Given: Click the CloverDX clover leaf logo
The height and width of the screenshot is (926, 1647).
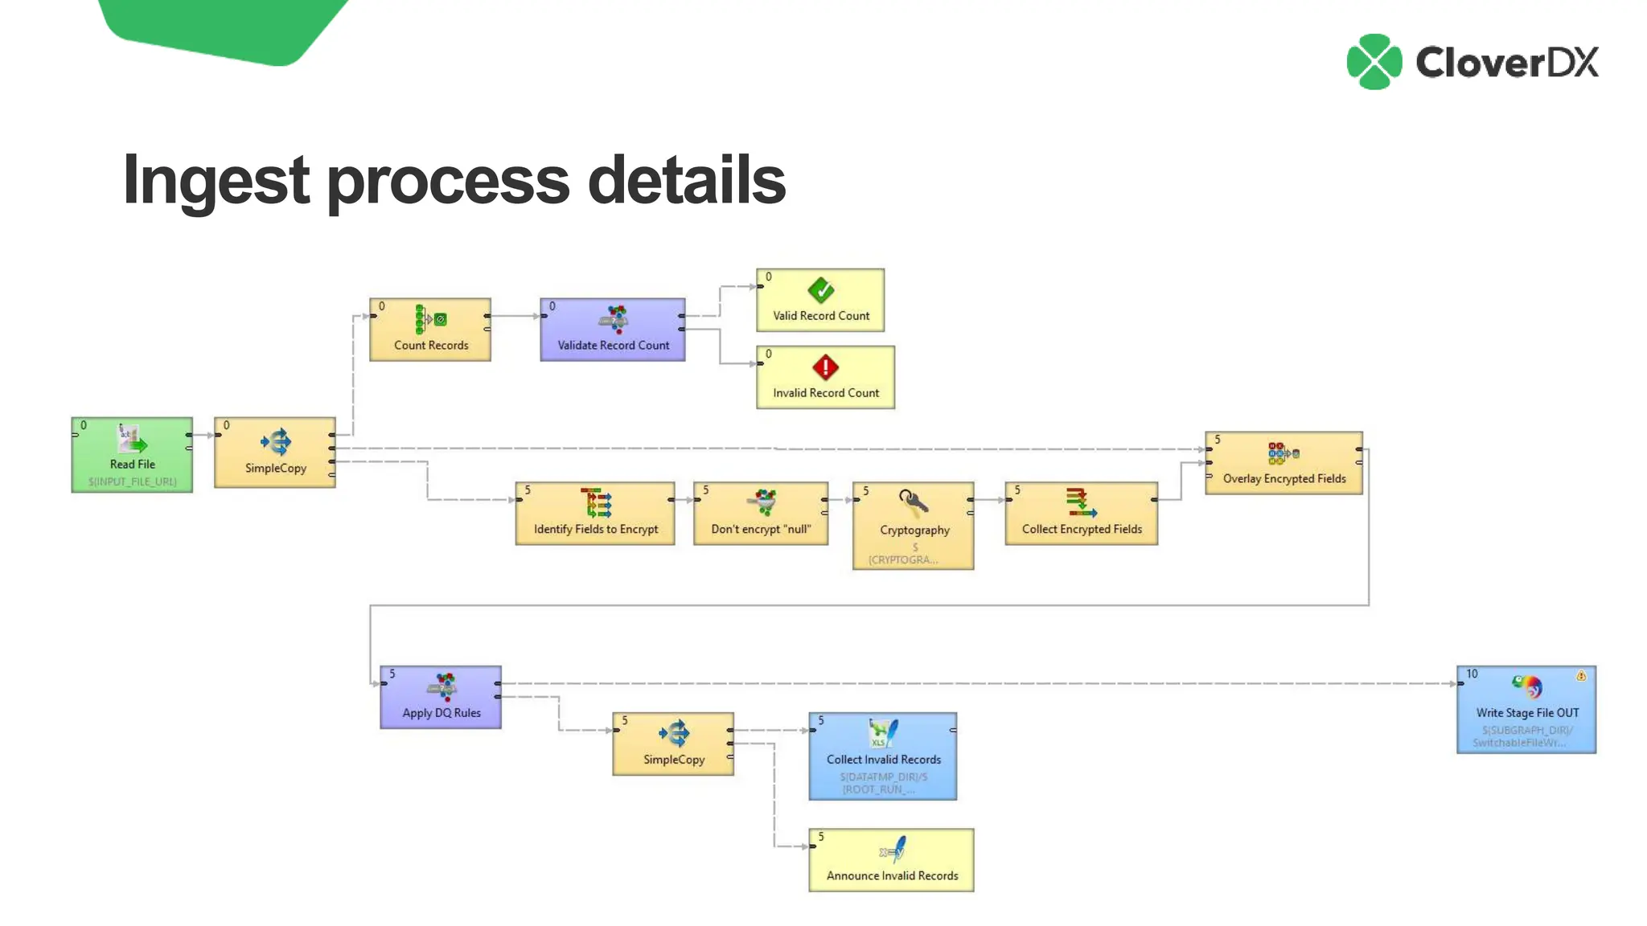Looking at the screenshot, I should tap(1374, 62).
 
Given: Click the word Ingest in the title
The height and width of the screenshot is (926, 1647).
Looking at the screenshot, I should tap(216, 181).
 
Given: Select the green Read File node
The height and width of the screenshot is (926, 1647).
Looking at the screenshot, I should tap(132, 455).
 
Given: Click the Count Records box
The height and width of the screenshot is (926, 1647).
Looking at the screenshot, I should tap(430, 330).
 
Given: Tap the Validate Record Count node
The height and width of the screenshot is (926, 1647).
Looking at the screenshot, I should tap(613, 330).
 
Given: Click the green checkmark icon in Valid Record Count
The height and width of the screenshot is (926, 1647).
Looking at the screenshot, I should tap(821, 290).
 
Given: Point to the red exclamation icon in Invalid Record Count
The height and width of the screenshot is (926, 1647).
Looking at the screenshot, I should tap(825, 368).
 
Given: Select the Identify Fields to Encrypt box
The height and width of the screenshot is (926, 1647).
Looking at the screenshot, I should tap(595, 514).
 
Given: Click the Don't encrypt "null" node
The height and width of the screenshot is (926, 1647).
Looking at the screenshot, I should tap(761, 514).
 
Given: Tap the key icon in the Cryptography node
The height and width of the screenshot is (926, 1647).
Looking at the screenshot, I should tap(913, 503).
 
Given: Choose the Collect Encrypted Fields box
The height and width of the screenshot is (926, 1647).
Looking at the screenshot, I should tap(1082, 514).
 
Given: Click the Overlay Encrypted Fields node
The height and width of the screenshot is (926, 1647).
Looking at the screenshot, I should tap(1284, 463).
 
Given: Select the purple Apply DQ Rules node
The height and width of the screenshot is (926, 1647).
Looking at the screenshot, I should tap(441, 697).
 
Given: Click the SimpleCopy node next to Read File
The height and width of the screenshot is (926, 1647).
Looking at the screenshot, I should tap(275, 452).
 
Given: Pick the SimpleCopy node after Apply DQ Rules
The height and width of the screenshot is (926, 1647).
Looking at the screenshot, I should tap(673, 744).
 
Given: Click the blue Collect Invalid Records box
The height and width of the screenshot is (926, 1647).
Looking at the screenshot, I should tap(883, 756).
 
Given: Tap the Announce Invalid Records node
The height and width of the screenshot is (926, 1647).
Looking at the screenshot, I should tap(891, 860).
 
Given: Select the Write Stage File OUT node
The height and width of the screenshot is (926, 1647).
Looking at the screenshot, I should tap(1526, 709).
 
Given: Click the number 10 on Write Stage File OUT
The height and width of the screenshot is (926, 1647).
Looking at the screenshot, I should tap(1472, 674).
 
